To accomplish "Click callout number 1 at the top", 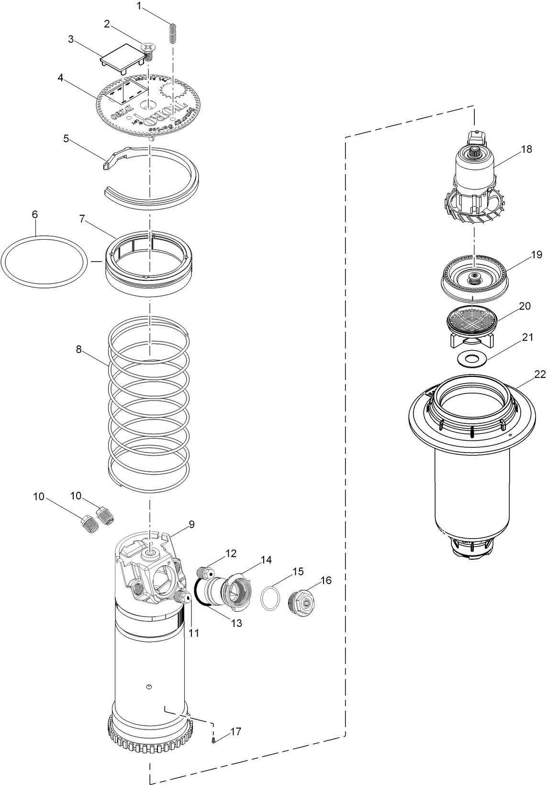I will coord(139,6).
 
